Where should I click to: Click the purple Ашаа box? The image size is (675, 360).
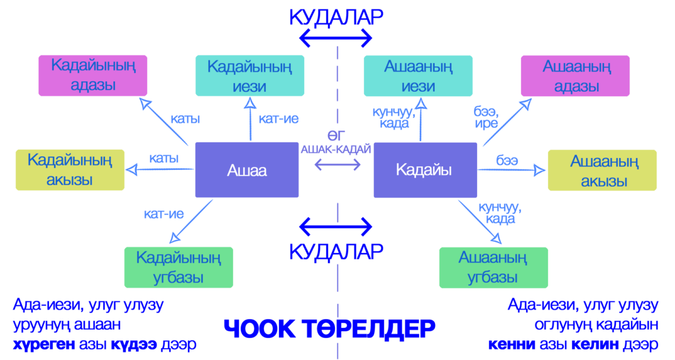[246, 170]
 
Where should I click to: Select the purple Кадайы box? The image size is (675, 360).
[425, 170]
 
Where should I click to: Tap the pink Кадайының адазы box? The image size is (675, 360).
[93, 75]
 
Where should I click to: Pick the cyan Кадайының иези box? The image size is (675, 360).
[250, 76]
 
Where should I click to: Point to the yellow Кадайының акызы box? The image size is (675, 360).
[70, 170]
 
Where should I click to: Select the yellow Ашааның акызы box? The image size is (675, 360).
[602, 170]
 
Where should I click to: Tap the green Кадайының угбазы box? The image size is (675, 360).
[178, 268]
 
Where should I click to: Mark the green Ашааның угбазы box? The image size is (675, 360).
[493, 268]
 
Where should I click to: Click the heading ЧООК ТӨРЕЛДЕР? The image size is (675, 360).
[330, 329]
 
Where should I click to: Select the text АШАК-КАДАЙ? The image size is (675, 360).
[336, 149]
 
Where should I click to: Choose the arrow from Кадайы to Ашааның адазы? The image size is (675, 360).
[506, 124]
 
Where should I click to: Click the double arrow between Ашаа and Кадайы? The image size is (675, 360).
[337, 164]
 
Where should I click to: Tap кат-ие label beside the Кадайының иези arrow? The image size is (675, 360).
[278, 119]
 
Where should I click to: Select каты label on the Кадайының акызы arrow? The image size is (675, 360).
[164, 159]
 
